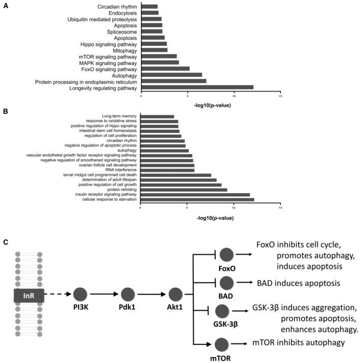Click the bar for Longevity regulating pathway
click(197, 87)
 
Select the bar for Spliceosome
click(152, 31)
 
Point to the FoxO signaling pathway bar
click(165, 69)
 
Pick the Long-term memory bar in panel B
click(157, 116)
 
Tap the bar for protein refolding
click(183, 189)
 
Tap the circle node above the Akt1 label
click(175, 294)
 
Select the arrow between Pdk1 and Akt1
click(151, 294)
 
